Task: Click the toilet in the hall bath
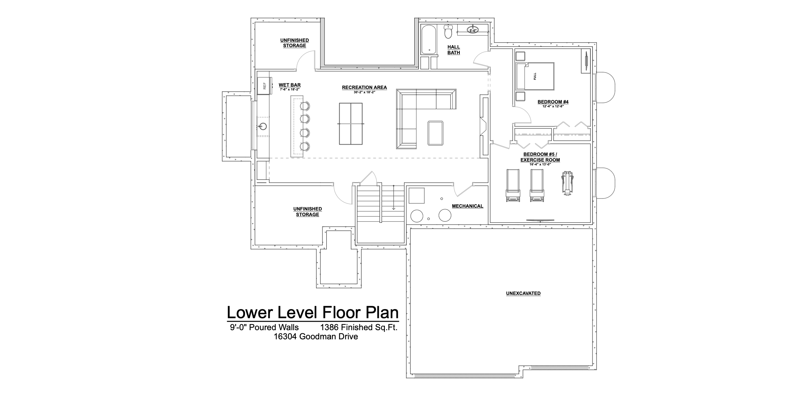pyautogui.click(x=448, y=31)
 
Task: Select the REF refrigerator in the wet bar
pyautogui.click(x=263, y=86)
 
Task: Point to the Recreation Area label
pyautogui.click(x=364, y=87)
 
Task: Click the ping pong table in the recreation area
pyautogui.click(x=351, y=124)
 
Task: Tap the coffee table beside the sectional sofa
pyautogui.click(x=436, y=133)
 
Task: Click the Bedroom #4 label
pyautogui.click(x=553, y=102)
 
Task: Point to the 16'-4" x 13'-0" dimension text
pyautogui.click(x=540, y=164)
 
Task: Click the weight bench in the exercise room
pyautogui.click(x=567, y=183)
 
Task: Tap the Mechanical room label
pyautogui.click(x=467, y=206)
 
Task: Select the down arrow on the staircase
pyautogui.click(x=394, y=197)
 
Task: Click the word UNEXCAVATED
pyautogui.click(x=523, y=293)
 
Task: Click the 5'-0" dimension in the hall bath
pyautogui.click(x=472, y=31)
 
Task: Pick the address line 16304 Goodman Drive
pyautogui.click(x=316, y=337)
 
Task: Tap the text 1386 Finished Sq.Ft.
pyautogui.click(x=359, y=327)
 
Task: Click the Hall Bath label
pyautogui.click(x=454, y=50)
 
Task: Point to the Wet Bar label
pyautogui.click(x=290, y=85)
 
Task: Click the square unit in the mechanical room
pyautogui.click(x=416, y=195)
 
